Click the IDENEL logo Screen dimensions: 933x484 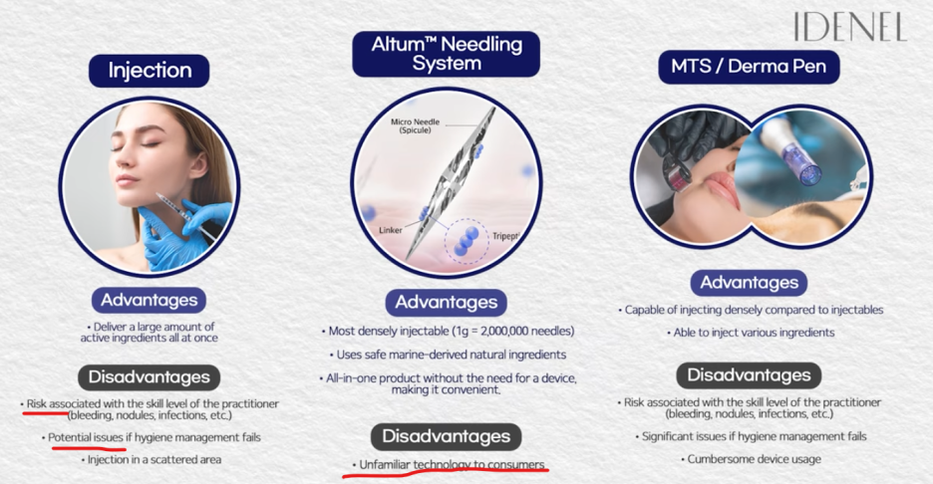pos(850,27)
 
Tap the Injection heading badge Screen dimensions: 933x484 pos(150,71)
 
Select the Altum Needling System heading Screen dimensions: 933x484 pos(447,54)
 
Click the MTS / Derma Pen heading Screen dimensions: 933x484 pos(749,67)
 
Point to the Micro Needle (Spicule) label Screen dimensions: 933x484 pos(416,125)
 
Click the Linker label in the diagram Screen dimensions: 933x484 pos(391,230)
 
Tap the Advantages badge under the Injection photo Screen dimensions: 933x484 pos(149,301)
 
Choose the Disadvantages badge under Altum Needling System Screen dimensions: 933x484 pos(447,436)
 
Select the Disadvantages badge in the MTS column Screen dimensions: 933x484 pos(749,375)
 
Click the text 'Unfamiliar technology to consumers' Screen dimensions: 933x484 pos(452,464)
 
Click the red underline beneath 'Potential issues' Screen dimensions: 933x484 pos(90,447)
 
